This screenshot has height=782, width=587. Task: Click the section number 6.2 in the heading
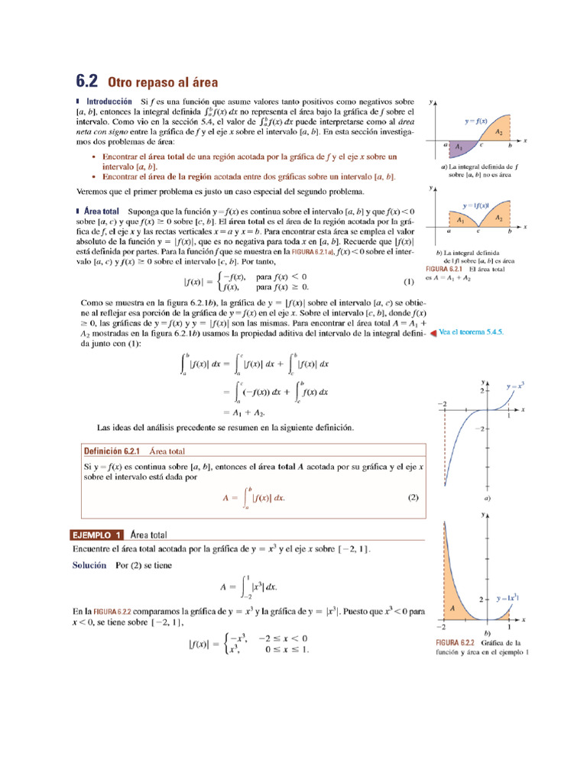coord(87,81)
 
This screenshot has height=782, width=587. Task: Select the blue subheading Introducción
coord(109,101)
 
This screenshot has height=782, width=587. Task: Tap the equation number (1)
coord(409,281)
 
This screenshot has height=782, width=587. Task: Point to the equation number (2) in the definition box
coord(413,498)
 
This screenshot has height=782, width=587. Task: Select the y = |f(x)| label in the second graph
coord(475,205)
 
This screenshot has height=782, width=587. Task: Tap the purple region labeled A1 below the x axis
coord(459,146)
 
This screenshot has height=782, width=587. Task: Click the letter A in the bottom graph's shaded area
coord(452,608)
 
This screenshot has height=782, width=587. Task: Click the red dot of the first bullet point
coord(93,157)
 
